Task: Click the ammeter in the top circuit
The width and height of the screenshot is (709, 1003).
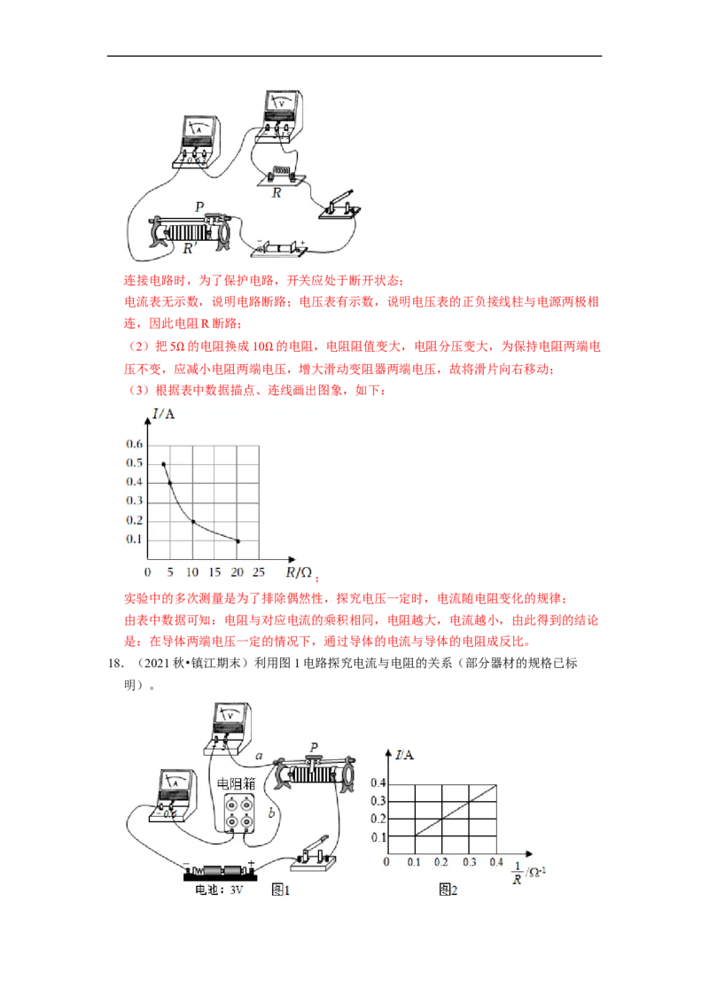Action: [196, 142]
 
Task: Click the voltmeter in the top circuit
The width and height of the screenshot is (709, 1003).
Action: [278, 116]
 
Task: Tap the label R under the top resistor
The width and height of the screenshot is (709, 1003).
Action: [277, 192]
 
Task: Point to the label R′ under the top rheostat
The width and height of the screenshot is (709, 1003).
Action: [188, 248]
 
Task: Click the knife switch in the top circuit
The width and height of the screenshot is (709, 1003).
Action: [339, 205]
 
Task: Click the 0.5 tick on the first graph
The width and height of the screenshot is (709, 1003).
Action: [135, 463]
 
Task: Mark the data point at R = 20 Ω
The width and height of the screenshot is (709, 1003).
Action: [238, 541]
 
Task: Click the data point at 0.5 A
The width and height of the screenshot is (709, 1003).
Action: [164, 463]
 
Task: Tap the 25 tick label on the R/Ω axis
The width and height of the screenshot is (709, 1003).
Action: [259, 571]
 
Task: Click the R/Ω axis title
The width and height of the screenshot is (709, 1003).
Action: [299, 572]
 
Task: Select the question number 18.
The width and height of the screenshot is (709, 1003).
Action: [114, 664]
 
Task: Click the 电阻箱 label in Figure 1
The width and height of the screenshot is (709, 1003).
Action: [236, 783]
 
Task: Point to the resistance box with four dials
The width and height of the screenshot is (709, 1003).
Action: [238, 813]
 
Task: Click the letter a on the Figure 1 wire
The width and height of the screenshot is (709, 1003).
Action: [259, 756]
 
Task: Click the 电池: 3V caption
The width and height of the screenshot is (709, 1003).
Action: [219, 890]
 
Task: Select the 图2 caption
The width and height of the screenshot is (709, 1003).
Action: [448, 890]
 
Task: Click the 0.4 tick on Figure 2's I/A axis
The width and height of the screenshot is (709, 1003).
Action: [378, 783]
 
